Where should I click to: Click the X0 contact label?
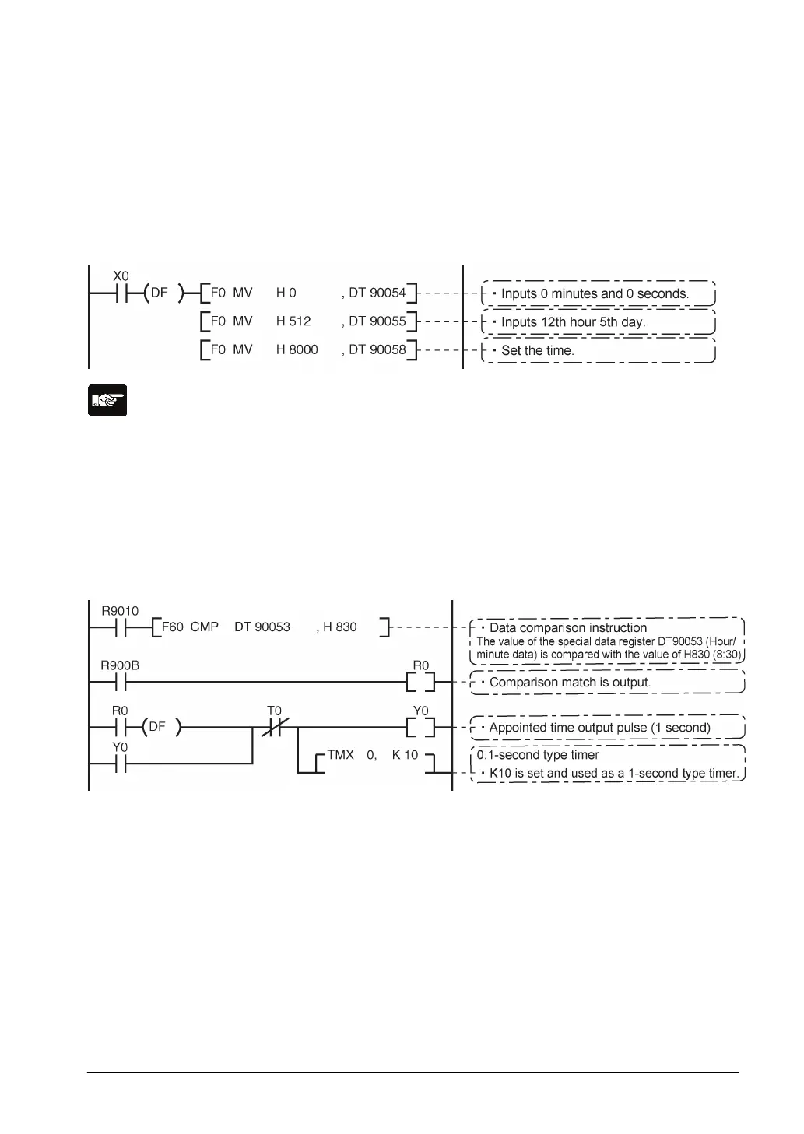pos(121,276)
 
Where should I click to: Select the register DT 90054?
pos(377,293)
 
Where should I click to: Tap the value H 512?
pos(293,321)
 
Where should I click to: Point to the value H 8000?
pos(297,350)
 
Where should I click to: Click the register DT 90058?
pos(377,350)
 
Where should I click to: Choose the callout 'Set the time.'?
pos(538,350)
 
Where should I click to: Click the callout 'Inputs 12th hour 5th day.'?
pos(573,322)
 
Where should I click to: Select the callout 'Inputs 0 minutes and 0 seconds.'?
pos(595,293)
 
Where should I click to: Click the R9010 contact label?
pos(120,611)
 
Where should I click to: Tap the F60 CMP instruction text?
pos(190,627)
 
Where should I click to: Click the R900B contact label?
pos(120,666)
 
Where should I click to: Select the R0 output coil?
pos(420,683)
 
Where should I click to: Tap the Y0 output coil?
pos(420,728)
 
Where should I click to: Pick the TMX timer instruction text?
pos(341,755)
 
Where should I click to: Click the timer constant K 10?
pos(405,755)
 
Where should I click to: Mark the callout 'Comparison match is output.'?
pos(570,683)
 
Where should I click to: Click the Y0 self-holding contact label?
pos(120,747)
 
